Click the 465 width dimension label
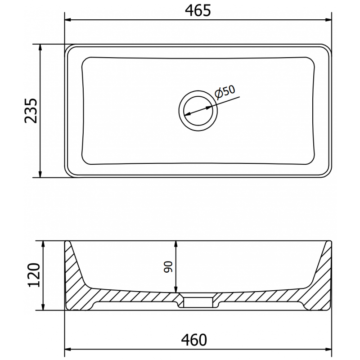click(198, 10)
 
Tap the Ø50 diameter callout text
click(225, 91)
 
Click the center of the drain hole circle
click(198, 110)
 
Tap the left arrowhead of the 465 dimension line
click(68, 19)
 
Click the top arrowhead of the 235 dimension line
click(40, 48)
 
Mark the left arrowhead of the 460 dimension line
click(69, 349)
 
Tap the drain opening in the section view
click(198, 300)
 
